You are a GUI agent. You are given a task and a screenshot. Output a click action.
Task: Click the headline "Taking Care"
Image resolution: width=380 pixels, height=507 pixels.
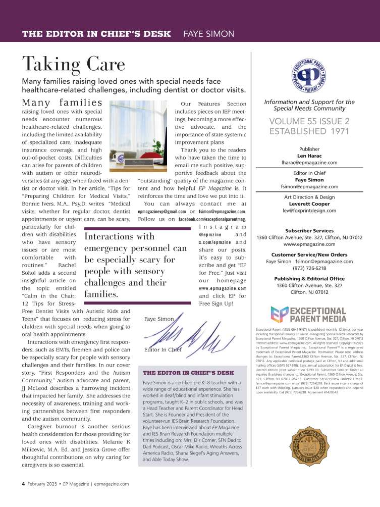(x=73, y=64)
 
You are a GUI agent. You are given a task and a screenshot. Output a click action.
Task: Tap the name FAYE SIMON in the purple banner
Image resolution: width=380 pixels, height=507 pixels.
(x=208, y=34)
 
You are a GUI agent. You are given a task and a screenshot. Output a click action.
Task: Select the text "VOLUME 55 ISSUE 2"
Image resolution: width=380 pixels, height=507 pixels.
(x=309, y=121)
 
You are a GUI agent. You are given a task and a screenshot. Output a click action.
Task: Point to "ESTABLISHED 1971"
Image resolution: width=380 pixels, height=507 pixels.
(x=309, y=132)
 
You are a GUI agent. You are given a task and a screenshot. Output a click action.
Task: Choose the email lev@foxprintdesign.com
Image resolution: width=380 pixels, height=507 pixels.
(x=309, y=210)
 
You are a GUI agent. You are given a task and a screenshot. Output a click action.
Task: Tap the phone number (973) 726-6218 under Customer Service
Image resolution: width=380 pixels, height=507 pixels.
(x=309, y=268)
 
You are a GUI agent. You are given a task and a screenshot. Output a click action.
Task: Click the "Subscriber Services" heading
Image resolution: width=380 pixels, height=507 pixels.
(x=309, y=230)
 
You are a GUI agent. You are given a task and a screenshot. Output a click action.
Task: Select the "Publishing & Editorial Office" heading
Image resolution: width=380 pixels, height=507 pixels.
(x=309, y=279)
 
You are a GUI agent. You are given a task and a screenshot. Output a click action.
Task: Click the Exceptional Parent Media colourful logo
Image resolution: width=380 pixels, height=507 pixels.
(x=308, y=314)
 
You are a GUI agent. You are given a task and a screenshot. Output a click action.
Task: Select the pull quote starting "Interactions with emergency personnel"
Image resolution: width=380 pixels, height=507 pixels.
(x=136, y=265)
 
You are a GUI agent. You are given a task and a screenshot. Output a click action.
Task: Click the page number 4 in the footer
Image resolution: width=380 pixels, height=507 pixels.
(x=23, y=483)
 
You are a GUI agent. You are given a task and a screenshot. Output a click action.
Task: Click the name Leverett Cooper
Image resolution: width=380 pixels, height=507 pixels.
(x=309, y=203)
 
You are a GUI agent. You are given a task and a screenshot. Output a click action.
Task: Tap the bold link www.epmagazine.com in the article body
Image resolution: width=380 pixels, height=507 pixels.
(x=223, y=288)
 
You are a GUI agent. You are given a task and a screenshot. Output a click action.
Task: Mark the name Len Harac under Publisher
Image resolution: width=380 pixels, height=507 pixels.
(x=309, y=156)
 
